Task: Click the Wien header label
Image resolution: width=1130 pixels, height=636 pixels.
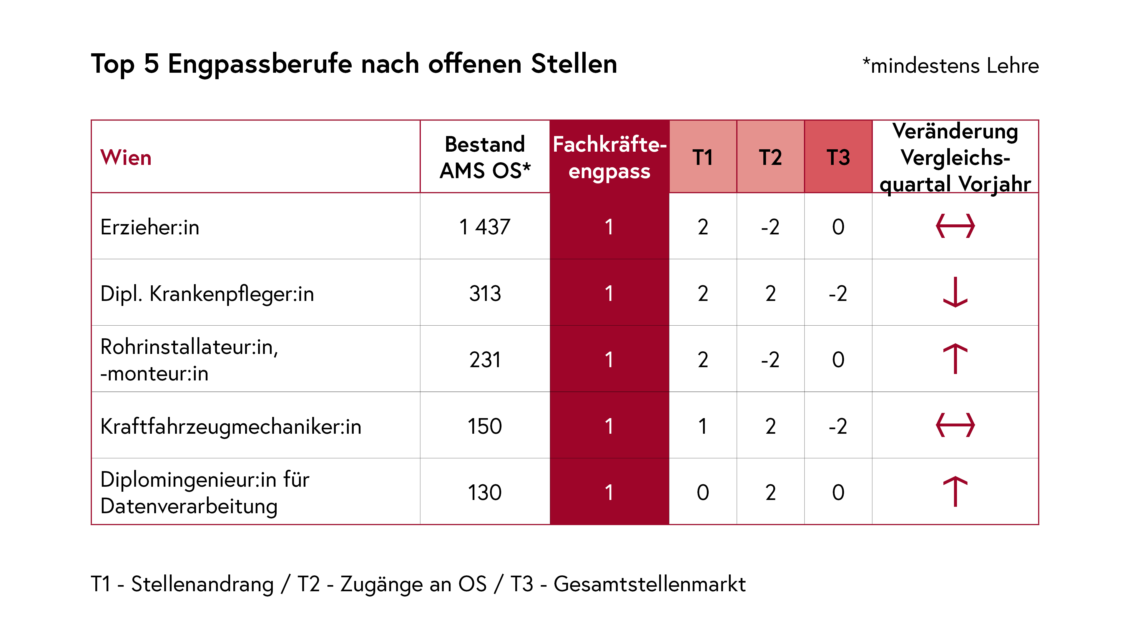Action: pyautogui.click(x=126, y=157)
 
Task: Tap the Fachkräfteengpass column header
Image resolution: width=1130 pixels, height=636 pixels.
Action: pyautogui.click(x=609, y=157)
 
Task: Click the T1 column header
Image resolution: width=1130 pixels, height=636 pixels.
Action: pyautogui.click(x=703, y=157)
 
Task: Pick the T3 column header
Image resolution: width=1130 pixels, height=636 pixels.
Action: pyautogui.click(x=838, y=157)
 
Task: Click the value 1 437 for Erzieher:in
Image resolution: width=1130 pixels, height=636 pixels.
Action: pyautogui.click(x=485, y=227)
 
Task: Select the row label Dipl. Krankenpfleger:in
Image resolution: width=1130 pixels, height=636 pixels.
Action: pyautogui.click(x=207, y=293)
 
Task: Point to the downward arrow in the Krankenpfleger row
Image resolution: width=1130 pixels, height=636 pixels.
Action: pyautogui.click(x=955, y=292)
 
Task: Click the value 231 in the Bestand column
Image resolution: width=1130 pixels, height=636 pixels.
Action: pyautogui.click(x=485, y=360)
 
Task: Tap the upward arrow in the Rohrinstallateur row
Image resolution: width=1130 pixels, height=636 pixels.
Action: pyautogui.click(x=955, y=359)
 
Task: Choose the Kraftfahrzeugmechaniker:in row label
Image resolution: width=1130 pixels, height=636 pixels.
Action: pyautogui.click(x=231, y=426)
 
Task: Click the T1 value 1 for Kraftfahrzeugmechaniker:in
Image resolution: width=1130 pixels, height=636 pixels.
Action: pyautogui.click(x=703, y=426)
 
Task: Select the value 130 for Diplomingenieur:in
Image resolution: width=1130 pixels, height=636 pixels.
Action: pyautogui.click(x=485, y=493)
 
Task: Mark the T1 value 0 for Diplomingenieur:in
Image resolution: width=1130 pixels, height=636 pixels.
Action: pyautogui.click(x=703, y=493)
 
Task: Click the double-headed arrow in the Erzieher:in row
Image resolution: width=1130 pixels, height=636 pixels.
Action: pyautogui.click(x=955, y=226)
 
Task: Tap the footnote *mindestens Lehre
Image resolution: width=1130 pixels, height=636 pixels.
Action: pyautogui.click(x=950, y=66)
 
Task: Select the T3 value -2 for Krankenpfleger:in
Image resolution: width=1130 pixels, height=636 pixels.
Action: pyautogui.click(x=838, y=293)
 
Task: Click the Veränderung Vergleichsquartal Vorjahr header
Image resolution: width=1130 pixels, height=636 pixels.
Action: pyautogui.click(x=955, y=157)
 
